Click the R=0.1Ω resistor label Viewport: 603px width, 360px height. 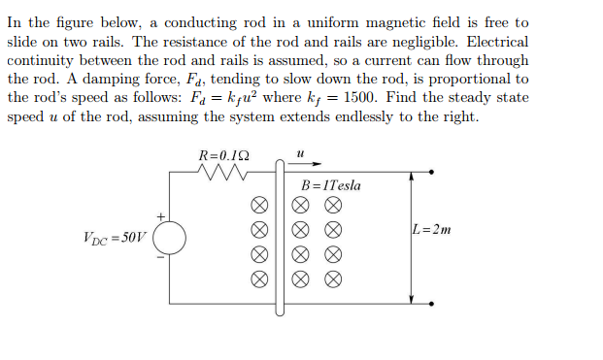222,155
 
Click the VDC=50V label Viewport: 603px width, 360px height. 114,236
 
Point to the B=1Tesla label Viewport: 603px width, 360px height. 331,185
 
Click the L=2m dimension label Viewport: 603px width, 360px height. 432,230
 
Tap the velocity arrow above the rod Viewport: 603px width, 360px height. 310,164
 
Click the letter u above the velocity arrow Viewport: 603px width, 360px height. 301,152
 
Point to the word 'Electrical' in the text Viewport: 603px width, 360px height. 494,42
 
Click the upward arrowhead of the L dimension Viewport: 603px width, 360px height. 413,178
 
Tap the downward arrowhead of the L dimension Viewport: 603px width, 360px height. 413,298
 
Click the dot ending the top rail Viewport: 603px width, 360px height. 432,173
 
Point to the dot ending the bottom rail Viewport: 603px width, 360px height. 432,303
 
